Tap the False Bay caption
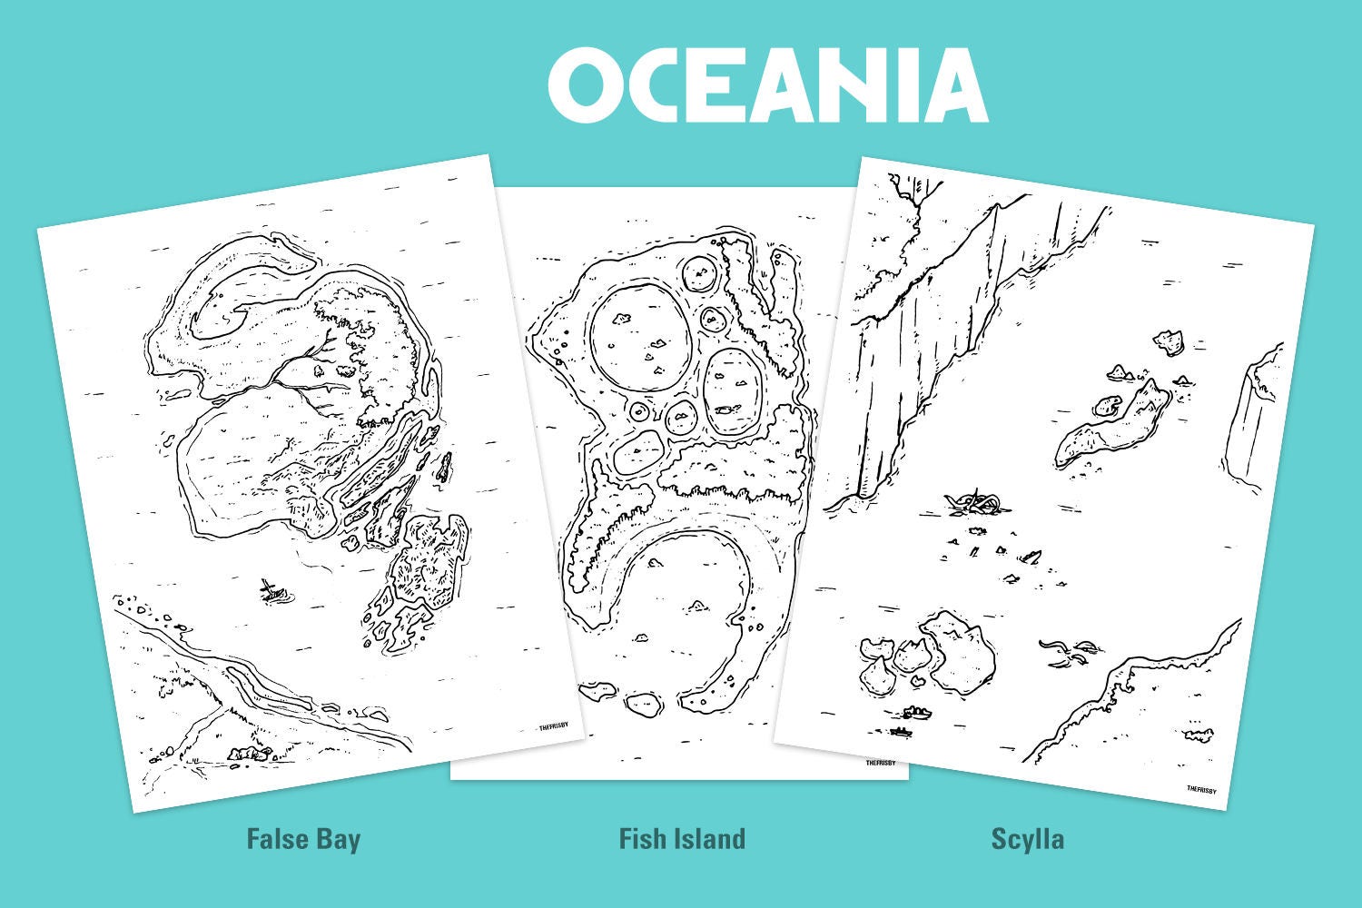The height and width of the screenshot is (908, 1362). click(303, 838)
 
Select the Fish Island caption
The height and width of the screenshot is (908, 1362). click(682, 838)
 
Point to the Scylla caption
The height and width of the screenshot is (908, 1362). click(1027, 838)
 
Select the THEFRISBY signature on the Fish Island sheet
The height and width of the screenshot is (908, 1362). click(880, 763)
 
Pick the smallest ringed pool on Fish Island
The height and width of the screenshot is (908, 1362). click(640, 412)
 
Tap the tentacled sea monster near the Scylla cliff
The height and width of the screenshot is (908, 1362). click(973, 501)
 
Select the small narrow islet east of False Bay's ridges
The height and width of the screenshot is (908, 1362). click(444, 468)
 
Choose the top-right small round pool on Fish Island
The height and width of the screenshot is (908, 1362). click(700, 273)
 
